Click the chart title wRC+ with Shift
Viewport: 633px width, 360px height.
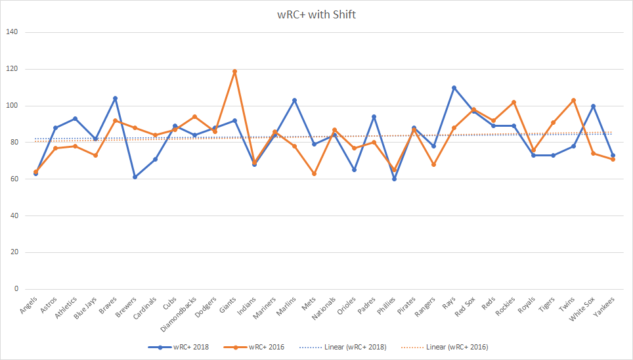(x=316, y=14)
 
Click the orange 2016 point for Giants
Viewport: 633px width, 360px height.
(x=234, y=71)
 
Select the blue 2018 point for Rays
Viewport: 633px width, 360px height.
(x=454, y=87)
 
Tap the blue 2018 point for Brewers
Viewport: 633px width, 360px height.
(x=135, y=177)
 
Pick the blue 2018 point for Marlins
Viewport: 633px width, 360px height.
(x=294, y=100)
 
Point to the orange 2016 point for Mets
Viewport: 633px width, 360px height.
(x=315, y=173)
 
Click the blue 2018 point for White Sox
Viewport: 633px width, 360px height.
(x=593, y=106)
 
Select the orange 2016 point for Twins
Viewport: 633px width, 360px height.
(x=573, y=100)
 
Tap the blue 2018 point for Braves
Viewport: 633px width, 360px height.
(x=116, y=99)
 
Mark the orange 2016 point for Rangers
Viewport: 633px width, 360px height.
(x=434, y=164)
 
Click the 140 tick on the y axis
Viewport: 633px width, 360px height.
(x=12, y=32)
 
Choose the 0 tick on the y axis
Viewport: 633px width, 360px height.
(x=16, y=289)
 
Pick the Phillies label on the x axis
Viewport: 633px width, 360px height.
(x=383, y=307)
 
